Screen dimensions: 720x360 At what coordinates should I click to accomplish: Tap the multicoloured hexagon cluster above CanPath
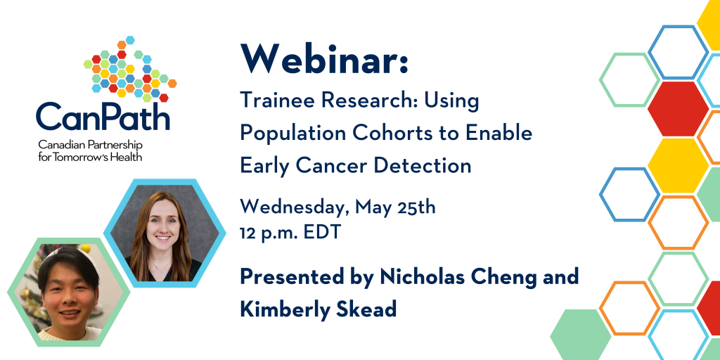(130, 69)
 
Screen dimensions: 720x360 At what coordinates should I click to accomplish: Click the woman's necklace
(161, 268)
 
